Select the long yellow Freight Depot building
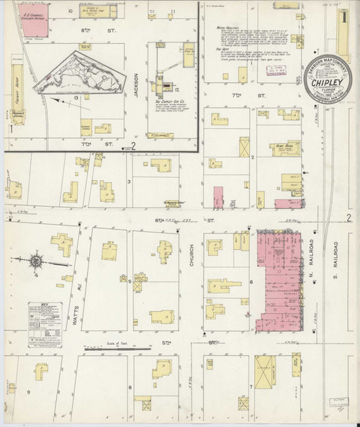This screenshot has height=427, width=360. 17,86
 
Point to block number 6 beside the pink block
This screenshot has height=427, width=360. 251,282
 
